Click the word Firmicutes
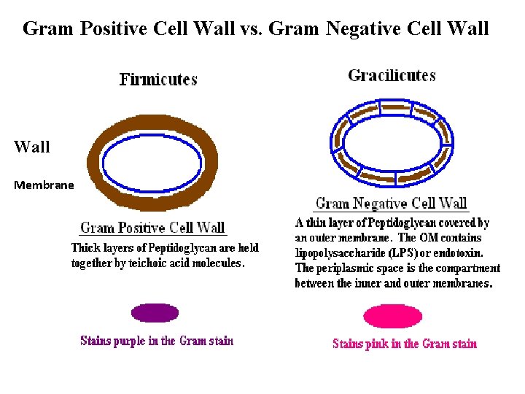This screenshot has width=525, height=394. point(158,80)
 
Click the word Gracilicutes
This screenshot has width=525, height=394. point(392,75)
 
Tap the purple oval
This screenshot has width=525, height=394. point(155,312)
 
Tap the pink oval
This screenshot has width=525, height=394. point(392,316)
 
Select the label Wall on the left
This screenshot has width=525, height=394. point(32,147)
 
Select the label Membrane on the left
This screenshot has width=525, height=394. point(44,185)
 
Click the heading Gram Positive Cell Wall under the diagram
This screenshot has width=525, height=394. point(152,228)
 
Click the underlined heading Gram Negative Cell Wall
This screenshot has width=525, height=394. point(391,204)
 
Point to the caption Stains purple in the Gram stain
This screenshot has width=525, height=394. point(157,341)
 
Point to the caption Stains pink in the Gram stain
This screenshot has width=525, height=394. point(405,343)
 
